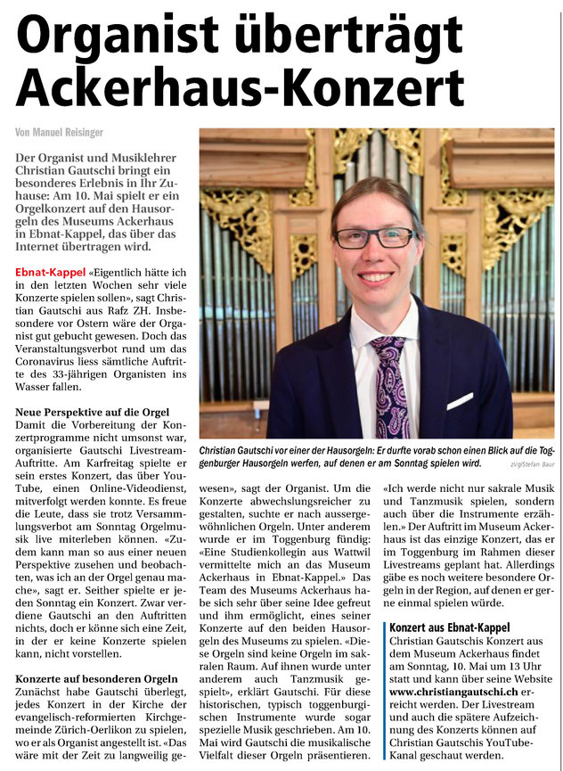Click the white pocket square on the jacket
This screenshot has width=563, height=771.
click(x=460, y=401)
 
